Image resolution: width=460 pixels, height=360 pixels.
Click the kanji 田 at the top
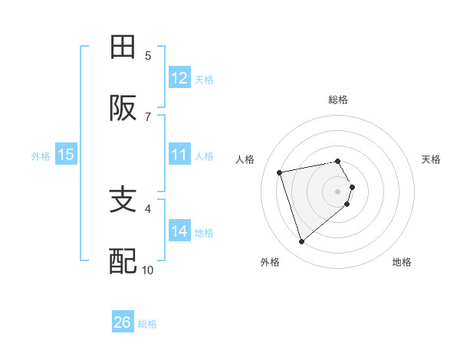pyautogui.click(x=123, y=47)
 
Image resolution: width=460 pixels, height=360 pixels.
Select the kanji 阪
pyautogui.click(x=123, y=109)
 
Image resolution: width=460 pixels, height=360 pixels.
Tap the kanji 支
pyautogui.click(x=123, y=201)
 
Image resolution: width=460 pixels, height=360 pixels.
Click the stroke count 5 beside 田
pyautogui.click(x=148, y=55)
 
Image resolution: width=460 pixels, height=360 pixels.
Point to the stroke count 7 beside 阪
pyautogui.click(x=148, y=116)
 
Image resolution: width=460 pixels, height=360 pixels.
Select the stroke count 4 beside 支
pyautogui.click(x=148, y=208)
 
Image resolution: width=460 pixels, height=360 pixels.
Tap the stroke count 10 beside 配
pyautogui.click(x=148, y=270)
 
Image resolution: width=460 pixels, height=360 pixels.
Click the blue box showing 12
pyautogui.click(x=179, y=78)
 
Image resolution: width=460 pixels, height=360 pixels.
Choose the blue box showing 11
pyautogui.click(x=179, y=155)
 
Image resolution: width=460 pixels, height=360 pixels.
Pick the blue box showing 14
pyautogui.click(x=179, y=231)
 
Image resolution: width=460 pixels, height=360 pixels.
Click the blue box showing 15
pyautogui.click(x=66, y=155)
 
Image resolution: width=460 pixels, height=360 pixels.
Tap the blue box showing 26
pyautogui.click(x=123, y=322)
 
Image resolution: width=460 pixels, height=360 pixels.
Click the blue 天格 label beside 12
pyautogui.click(x=204, y=79)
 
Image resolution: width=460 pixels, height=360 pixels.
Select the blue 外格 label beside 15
pyautogui.click(x=41, y=155)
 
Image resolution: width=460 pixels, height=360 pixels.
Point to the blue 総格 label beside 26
pyautogui.click(x=147, y=323)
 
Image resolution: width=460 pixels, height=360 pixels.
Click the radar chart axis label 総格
pyautogui.click(x=338, y=100)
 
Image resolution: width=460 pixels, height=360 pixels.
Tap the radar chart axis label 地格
pyautogui.click(x=402, y=262)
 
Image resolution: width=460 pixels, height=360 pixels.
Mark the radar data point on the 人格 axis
pyautogui.click(x=280, y=172)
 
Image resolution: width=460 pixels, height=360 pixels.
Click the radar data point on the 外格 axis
pyautogui.click(x=301, y=241)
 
